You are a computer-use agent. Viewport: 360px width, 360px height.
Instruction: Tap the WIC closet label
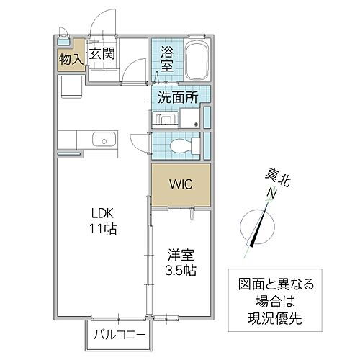[x=180, y=184]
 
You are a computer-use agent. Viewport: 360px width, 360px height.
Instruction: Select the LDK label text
[x=103, y=214]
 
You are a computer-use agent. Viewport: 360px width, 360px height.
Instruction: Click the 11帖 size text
[x=103, y=230]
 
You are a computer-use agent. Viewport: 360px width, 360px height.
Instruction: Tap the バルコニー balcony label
[x=120, y=335]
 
